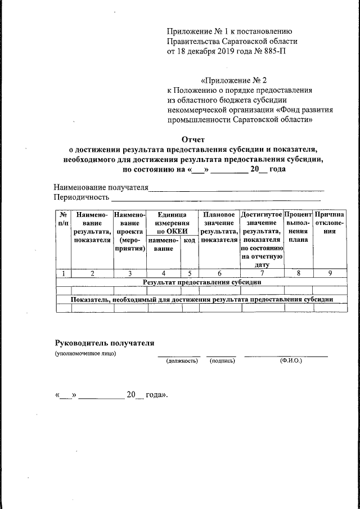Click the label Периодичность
pyautogui.click(x=80, y=197)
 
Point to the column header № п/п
pyautogui.click(x=64, y=219)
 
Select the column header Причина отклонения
pyautogui.click(x=329, y=223)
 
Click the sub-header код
pyautogui.click(x=190, y=240)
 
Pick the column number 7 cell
pyautogui.click(x=262, y=273)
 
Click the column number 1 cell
pyautogui.click(x=64, y=273)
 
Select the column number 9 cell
pyautogui.click(x=329, y=273)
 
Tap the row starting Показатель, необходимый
pyautogui.click(x=201, y=299)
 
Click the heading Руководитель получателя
pyautogui.click(x=104, y=343)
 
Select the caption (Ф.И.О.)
pyautogui.click(x=290, y=361)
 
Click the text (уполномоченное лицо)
pyautogui.click(x=85, y=353)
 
